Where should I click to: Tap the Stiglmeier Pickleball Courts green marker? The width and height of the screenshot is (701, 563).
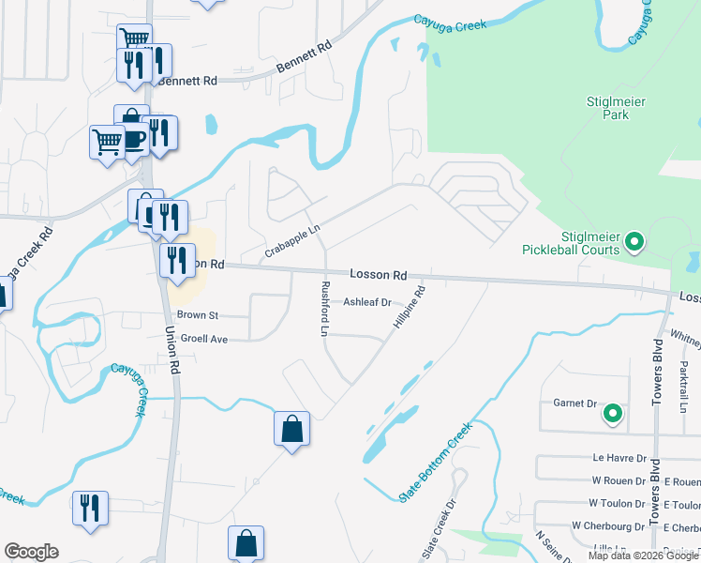tap(634, 243)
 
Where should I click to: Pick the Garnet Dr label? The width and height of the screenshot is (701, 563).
tap(578, 403)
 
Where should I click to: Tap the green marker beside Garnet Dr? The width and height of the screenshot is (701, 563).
tap(612, 412)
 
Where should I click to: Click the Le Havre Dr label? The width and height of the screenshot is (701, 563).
tap(620, 459)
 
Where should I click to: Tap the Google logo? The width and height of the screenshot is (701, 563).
tap(31, 551)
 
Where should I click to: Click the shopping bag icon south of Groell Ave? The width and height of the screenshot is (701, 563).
tap(291, 429)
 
